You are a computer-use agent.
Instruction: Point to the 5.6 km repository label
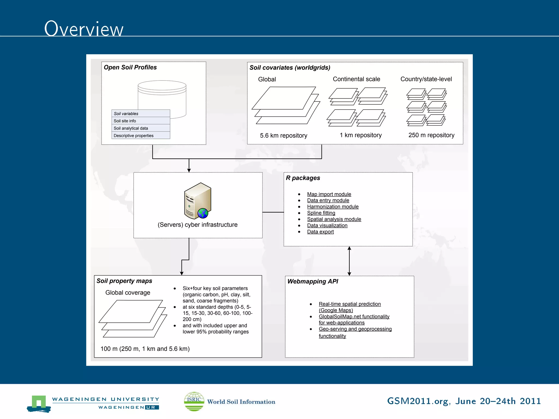point(283,136)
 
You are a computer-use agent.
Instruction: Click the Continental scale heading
point(356,79)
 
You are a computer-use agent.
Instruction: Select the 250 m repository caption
point(431,135)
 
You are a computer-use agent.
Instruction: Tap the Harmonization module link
point(333,207)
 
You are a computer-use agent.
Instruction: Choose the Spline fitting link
point(321,213)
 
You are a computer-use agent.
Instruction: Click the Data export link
point(320,232)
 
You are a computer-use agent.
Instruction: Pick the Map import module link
point(329,194)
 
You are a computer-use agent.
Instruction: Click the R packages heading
point(303,178)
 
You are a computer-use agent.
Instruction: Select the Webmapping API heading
point(313,282)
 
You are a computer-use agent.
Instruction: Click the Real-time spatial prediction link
point(350,304)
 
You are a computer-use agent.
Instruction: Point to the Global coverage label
point(128,293)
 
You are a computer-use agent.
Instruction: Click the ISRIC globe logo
point(194,401)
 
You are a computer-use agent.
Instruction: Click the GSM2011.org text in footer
point(417,401)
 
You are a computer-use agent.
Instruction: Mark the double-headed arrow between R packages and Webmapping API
point(349,261)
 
